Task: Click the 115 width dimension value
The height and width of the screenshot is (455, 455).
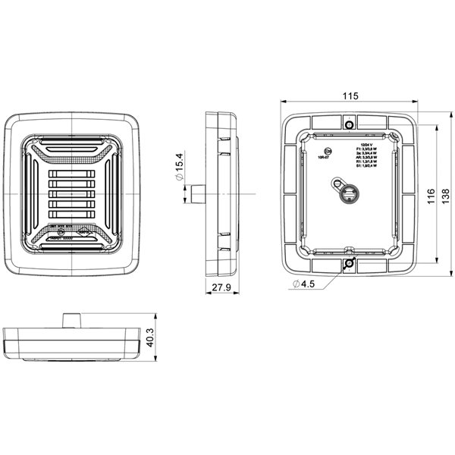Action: coord(349,96)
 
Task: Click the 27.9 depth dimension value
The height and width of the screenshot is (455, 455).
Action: coord(221,288)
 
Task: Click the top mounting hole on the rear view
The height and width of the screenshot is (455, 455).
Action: coord(349,124)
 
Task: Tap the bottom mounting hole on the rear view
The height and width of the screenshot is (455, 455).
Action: coord(349,263)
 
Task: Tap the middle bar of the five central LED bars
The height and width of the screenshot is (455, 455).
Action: coord(73,194)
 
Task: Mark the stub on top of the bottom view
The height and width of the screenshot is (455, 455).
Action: coord(71,319)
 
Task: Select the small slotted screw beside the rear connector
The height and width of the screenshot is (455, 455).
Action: coord(334,184)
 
